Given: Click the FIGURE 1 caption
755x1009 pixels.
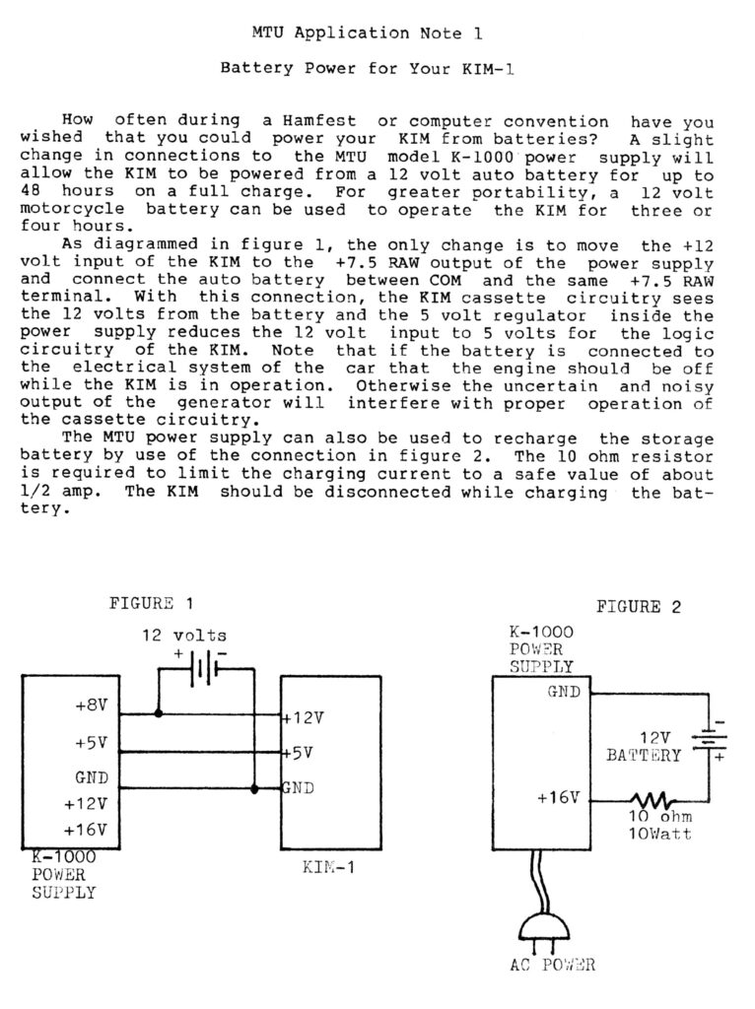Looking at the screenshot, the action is coord(151,604).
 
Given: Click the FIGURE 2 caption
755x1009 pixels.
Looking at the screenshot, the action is coord(638,607).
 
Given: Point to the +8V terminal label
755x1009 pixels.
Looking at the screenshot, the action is coord(92,706).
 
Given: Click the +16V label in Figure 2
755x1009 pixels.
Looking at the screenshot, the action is coord(558,798).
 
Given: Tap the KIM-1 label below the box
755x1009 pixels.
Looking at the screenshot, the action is coord(328,867).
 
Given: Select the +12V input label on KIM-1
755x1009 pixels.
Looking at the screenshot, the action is coord(304,717).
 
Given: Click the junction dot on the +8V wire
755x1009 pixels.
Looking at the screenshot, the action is coord(159,713).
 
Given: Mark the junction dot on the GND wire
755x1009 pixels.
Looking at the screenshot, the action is coord(254,789).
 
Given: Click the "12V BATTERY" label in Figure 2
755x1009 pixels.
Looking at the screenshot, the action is coord(643,747).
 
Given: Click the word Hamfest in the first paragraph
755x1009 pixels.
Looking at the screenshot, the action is coord(318,120).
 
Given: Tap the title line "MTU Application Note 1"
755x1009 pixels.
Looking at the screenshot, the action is coord(367,33).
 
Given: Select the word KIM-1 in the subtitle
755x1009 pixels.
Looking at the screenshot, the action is coord(487,68).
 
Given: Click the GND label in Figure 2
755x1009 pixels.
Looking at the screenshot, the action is coord(564,692).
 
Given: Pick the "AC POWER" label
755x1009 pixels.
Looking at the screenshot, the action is coord(553,965).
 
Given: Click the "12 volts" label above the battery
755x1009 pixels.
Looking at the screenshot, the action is coord(184,636).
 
